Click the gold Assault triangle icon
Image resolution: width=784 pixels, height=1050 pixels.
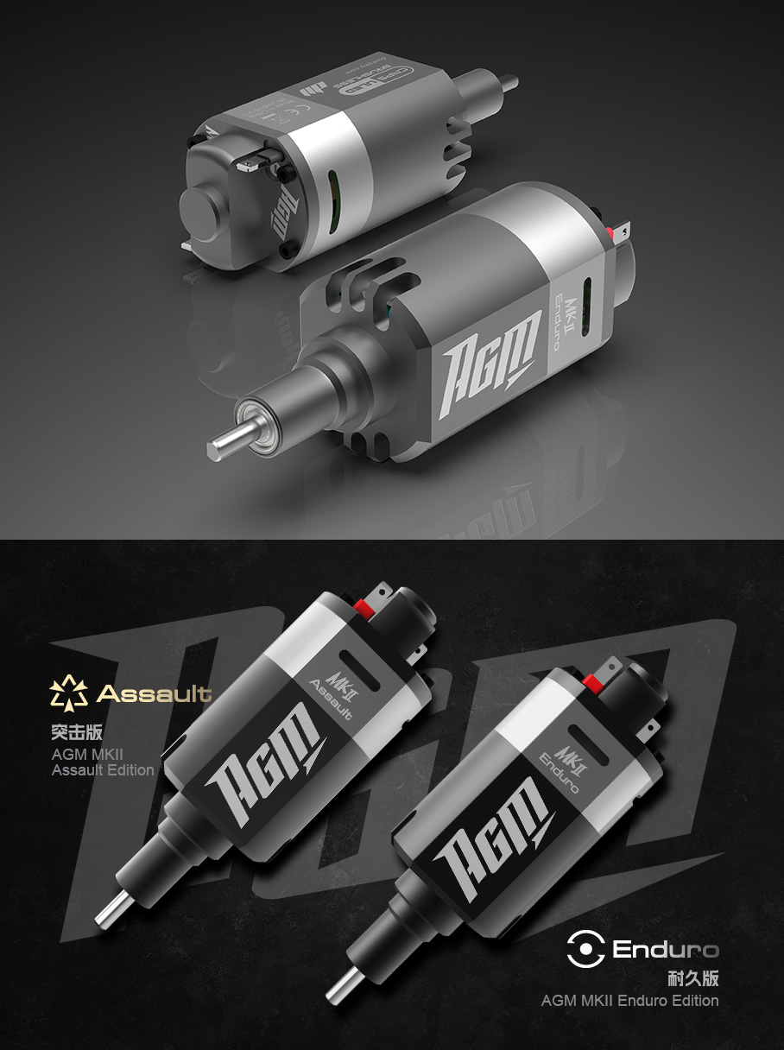(69, 693)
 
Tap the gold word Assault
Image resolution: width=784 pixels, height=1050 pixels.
(155, 693)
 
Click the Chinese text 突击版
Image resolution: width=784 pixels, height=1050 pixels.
(77, 732)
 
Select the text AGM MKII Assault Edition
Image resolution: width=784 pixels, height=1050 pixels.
(103, 762)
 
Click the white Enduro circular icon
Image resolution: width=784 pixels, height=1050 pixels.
(585, 949)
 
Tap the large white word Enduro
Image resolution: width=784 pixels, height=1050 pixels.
(665, 950)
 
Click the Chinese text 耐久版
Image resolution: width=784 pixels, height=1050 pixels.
(692, 978)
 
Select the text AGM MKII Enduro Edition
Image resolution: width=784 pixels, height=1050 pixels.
(629, 1001)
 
